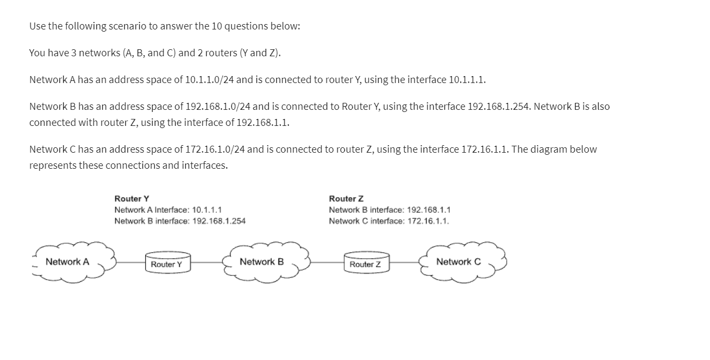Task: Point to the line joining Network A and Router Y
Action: (130, 262)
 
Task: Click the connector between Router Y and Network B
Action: (207, 262)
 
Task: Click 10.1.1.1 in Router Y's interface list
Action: (207, 210)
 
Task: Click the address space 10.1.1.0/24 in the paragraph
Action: (209, 80)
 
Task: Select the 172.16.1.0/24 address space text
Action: (215, 149)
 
